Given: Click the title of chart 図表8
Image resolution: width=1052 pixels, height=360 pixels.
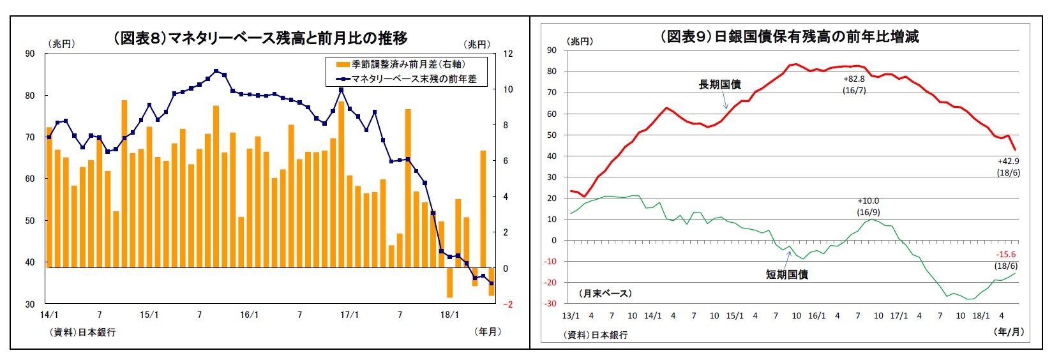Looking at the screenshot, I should (260, 38).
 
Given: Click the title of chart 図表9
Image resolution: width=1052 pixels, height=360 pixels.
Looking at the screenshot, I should (789, 36).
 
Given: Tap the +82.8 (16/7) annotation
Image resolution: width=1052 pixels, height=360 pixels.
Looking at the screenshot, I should (853, 84).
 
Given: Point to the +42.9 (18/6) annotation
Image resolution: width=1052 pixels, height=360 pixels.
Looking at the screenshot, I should (1008, 167).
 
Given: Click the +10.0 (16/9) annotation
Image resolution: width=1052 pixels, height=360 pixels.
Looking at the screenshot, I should (868, 206).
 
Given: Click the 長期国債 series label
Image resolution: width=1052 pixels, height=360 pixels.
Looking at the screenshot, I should (719, 84).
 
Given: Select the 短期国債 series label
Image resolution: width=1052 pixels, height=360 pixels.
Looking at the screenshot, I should (786, 274).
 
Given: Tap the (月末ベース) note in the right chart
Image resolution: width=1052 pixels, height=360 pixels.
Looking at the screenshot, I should (605, 293).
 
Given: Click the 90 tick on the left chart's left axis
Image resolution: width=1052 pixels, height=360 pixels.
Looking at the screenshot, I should (30, 54).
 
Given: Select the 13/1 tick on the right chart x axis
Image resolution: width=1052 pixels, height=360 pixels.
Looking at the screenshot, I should (570, 315).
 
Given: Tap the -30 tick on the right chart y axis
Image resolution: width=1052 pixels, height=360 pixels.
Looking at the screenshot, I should (550, 303).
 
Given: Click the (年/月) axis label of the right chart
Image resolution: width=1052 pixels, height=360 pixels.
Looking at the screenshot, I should (1010, 331).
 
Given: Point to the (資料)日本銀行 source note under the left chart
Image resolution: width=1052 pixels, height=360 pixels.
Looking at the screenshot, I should (83, 332).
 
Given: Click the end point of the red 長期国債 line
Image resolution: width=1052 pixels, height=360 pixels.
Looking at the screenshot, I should (1014, 149).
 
